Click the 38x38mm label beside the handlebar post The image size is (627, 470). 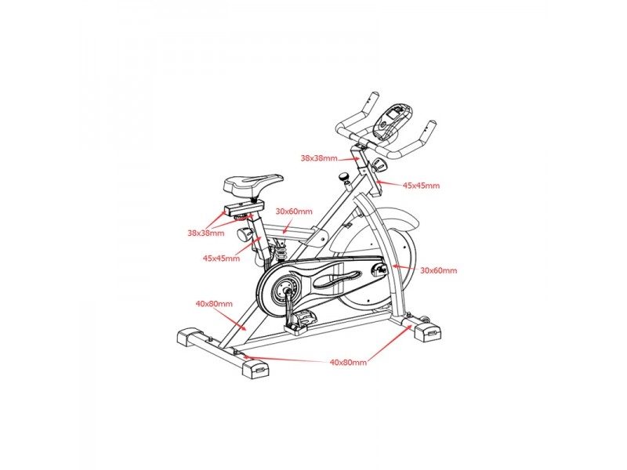(319, 158)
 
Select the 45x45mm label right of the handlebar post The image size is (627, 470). (421, 186)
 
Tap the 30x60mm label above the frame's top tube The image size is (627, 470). (294, 211)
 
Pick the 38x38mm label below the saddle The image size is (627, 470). (206, 233)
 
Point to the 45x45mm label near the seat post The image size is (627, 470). (221, 258)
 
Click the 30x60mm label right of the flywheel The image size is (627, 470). (438, 270)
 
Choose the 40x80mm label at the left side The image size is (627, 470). (214, 304)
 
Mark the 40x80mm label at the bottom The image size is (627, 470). (348, 363)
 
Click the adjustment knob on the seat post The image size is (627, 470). (243, 234)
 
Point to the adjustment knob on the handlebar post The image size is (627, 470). (379, 164)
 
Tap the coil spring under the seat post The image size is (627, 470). (281, 252)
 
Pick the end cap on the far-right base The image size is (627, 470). (428, 331)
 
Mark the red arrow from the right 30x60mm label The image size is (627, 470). (405, 268)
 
